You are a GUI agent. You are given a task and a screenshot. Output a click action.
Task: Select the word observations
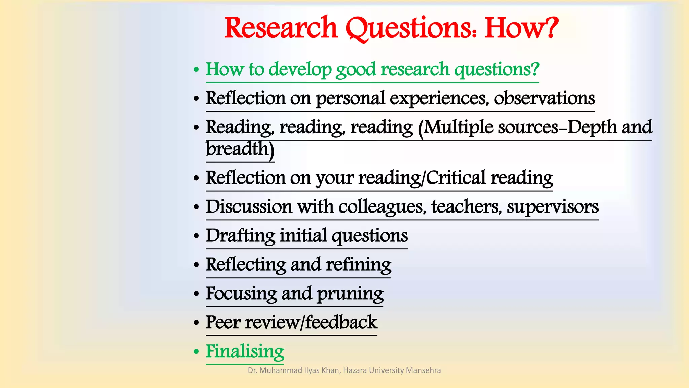544,98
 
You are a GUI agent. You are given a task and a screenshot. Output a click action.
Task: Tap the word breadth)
240,149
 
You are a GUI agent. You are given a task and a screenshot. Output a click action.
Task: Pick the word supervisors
553,207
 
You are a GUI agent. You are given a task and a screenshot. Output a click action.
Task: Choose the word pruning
350,294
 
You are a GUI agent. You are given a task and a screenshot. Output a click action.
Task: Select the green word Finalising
245,352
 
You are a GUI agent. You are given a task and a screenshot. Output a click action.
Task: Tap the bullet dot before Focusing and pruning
196,294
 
